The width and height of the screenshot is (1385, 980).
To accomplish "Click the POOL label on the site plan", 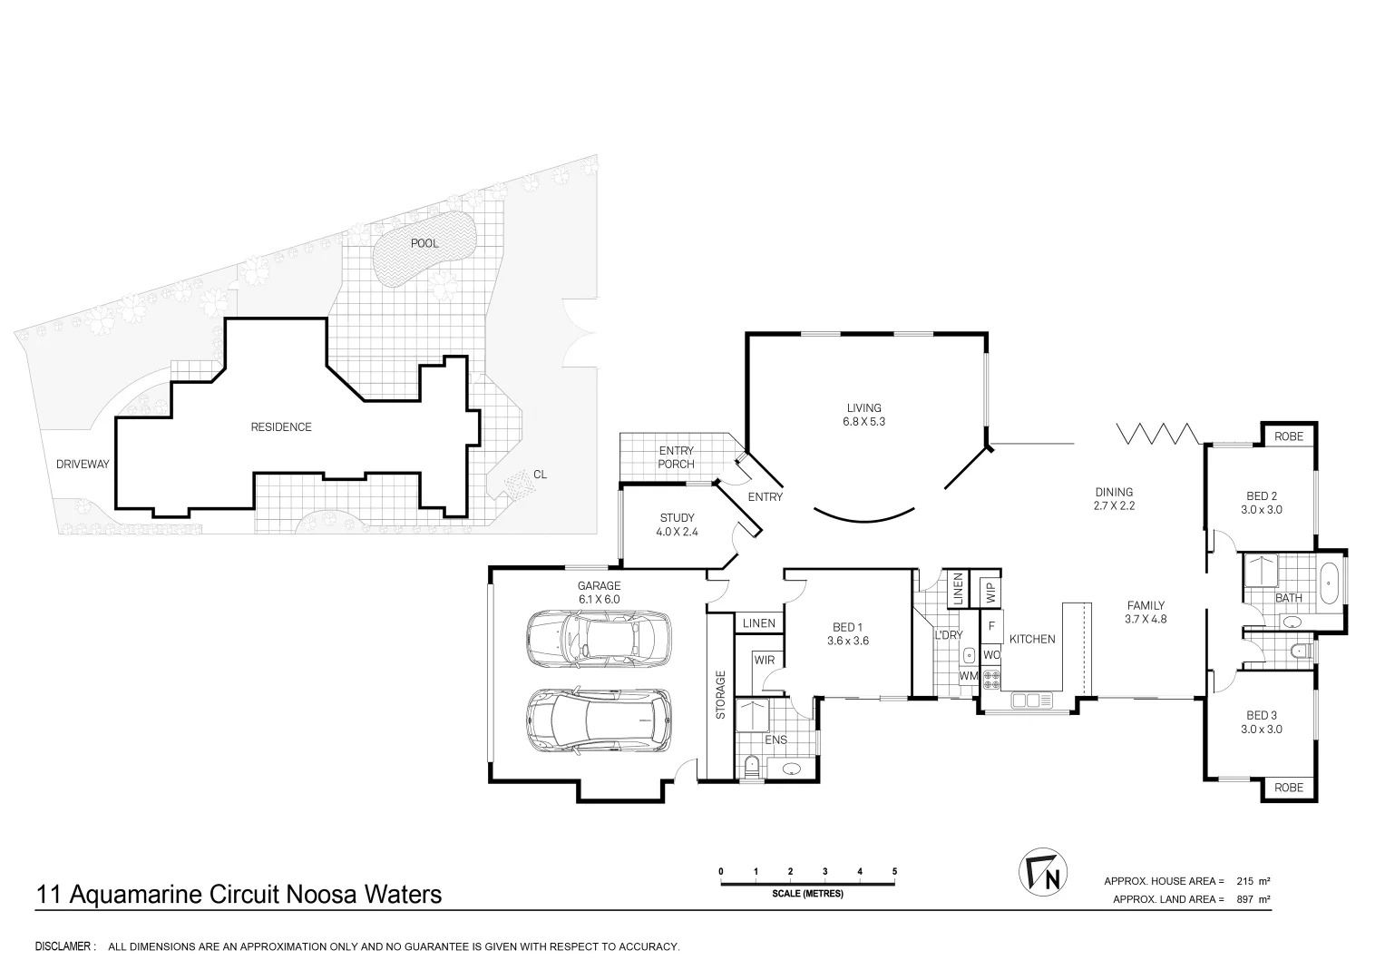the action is pos(424,243).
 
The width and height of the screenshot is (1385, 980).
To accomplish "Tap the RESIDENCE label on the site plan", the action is pos(280,426).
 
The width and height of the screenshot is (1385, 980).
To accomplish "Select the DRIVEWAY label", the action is pos(83,464).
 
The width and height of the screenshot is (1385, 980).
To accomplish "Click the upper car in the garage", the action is pos(599,639).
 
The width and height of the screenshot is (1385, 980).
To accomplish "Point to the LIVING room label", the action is pos(863,407).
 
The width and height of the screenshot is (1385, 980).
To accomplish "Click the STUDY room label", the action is pos(677,518).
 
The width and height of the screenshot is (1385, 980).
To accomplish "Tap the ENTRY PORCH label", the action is pos(677,457).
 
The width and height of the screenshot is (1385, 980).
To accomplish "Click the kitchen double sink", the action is pos(1031,701).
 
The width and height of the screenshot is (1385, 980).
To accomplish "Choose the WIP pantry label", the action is pos(991,592).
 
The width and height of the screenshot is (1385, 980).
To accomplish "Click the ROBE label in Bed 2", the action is pos(1289,436).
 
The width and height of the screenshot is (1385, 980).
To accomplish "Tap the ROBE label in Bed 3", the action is pos(1289,787).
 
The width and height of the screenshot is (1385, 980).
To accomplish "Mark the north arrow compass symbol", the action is pos(1042,873).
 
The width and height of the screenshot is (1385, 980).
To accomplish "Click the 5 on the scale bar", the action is pos(894,871).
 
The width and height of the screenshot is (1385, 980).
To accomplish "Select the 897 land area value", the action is pos(1245,899).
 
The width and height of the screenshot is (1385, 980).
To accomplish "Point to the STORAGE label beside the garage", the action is pos(720,695).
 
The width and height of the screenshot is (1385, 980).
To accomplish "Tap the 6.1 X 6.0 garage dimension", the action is pos(599,599).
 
